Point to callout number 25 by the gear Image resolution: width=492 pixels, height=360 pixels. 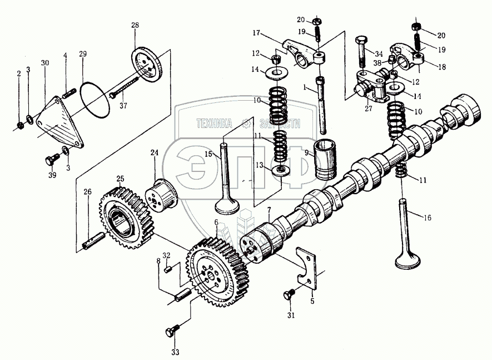[x=119, y=179]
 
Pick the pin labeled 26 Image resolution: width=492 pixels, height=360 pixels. [x=92, y=243]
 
